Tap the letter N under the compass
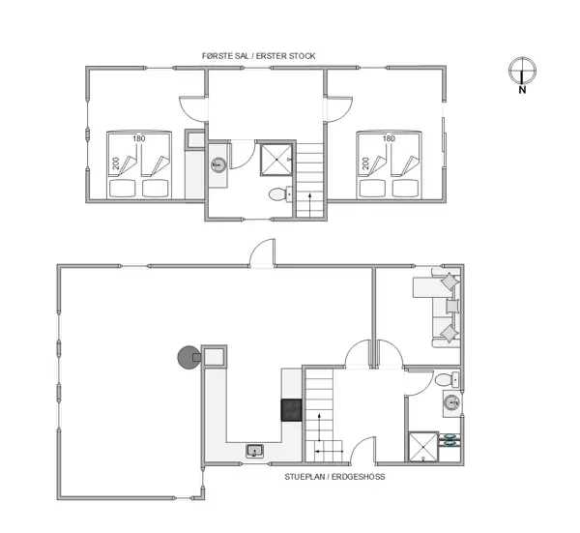(522, 91)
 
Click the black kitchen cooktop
(292, 409)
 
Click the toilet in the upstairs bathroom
(279, 193)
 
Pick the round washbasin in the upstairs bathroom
(218, 164)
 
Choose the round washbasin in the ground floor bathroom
(450, 402)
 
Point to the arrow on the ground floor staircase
(318, 429)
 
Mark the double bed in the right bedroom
(389, 163)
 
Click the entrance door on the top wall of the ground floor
(261, 253)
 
